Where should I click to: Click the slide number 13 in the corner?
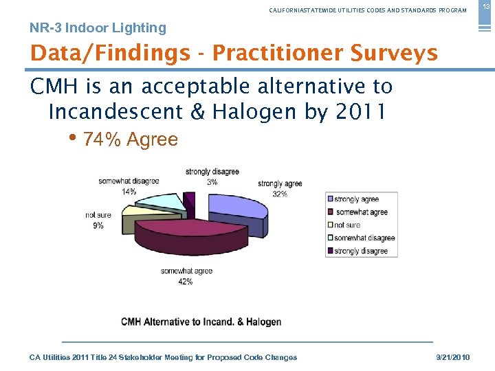point(485,7)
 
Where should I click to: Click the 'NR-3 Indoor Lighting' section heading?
point(98,28)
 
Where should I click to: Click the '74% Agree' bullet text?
point(130,140)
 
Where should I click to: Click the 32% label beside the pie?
point(280,194)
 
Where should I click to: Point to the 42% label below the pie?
point(186,282)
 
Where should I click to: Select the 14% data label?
point(128,191)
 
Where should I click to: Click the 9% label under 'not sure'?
point(98,225)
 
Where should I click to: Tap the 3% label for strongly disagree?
point(212,181)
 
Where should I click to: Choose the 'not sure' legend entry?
point(347,225)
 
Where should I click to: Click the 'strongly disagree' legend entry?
point(361,251)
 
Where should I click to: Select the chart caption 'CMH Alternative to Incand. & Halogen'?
point(201,322)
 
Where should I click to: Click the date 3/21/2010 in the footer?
point(453,357)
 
